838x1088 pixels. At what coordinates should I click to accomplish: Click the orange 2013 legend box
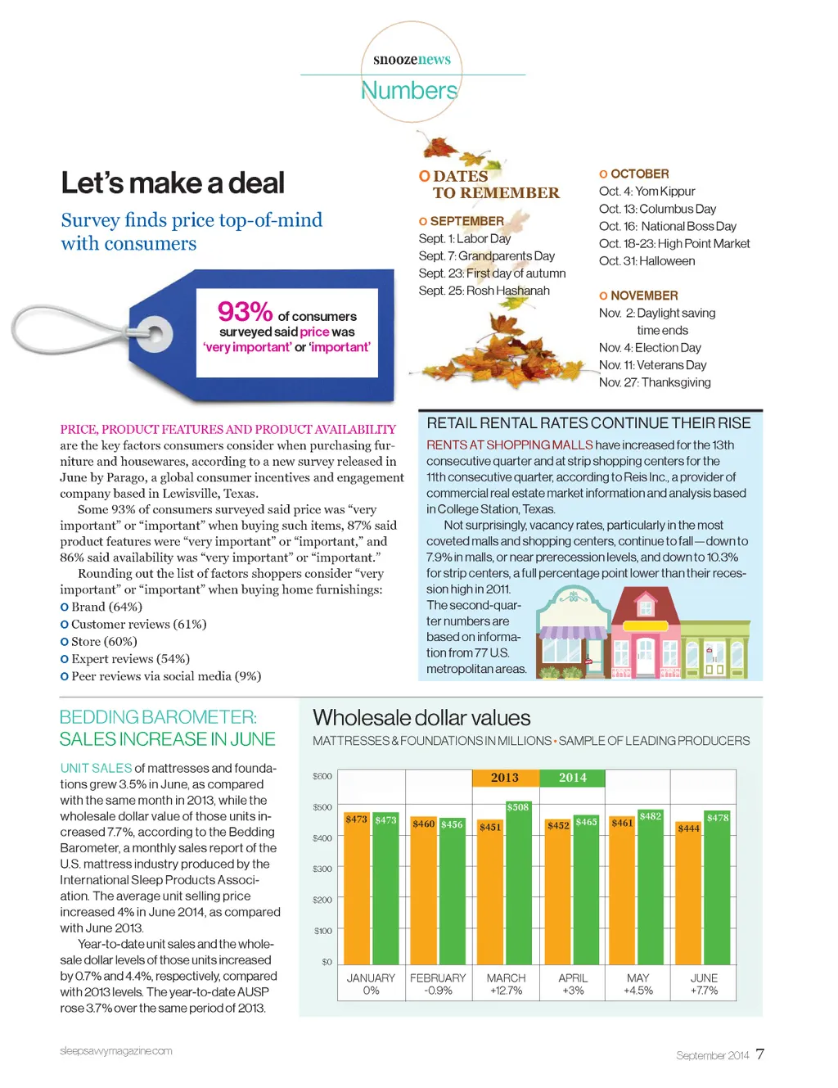click(505, 778)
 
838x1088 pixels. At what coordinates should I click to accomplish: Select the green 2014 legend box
click(573, 778)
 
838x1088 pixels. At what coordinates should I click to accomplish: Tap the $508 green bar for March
click(518, 884)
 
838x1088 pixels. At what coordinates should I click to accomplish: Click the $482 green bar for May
click(651, 888)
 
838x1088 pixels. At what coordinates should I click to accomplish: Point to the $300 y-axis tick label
click(322, 869)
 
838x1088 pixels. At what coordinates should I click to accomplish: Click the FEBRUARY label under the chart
click(438, 978)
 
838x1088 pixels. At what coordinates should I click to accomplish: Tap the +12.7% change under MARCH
click(506, 991)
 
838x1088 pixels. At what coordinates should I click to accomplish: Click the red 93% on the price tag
click(245, 312)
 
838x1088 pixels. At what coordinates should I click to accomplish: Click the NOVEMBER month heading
click(644, 296)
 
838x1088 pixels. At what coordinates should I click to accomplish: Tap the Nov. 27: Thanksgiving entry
click(655, 382)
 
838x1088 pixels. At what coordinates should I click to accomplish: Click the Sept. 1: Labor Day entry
click(464, 239)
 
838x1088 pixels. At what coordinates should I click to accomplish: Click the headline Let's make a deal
click(173, 183)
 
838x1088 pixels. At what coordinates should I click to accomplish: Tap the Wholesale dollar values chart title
click(421, 718)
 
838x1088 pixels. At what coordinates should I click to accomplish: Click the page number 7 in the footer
click(760, 1054)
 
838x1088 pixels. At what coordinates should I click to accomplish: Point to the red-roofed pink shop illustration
click(646, 630)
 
